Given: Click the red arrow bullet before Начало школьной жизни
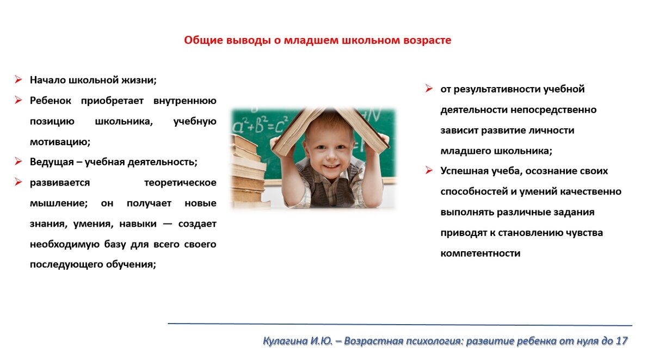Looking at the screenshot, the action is (19, 79).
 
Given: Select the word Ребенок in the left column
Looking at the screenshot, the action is (51, 101).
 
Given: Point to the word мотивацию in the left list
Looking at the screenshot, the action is (60, 142).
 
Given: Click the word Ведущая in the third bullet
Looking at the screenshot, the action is (52, 162).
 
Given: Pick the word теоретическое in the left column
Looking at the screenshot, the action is (180, 183).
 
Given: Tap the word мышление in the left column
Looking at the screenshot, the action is (59, 203).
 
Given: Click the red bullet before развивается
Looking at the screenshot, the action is (19, 182).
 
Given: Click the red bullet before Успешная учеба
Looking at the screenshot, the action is (429, 170).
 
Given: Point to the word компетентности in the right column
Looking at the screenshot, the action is (480, 253).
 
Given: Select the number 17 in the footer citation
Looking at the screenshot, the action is (621, 341).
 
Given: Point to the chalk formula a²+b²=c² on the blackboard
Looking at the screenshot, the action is (260, 125).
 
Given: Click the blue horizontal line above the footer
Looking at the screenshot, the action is (400, 324).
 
